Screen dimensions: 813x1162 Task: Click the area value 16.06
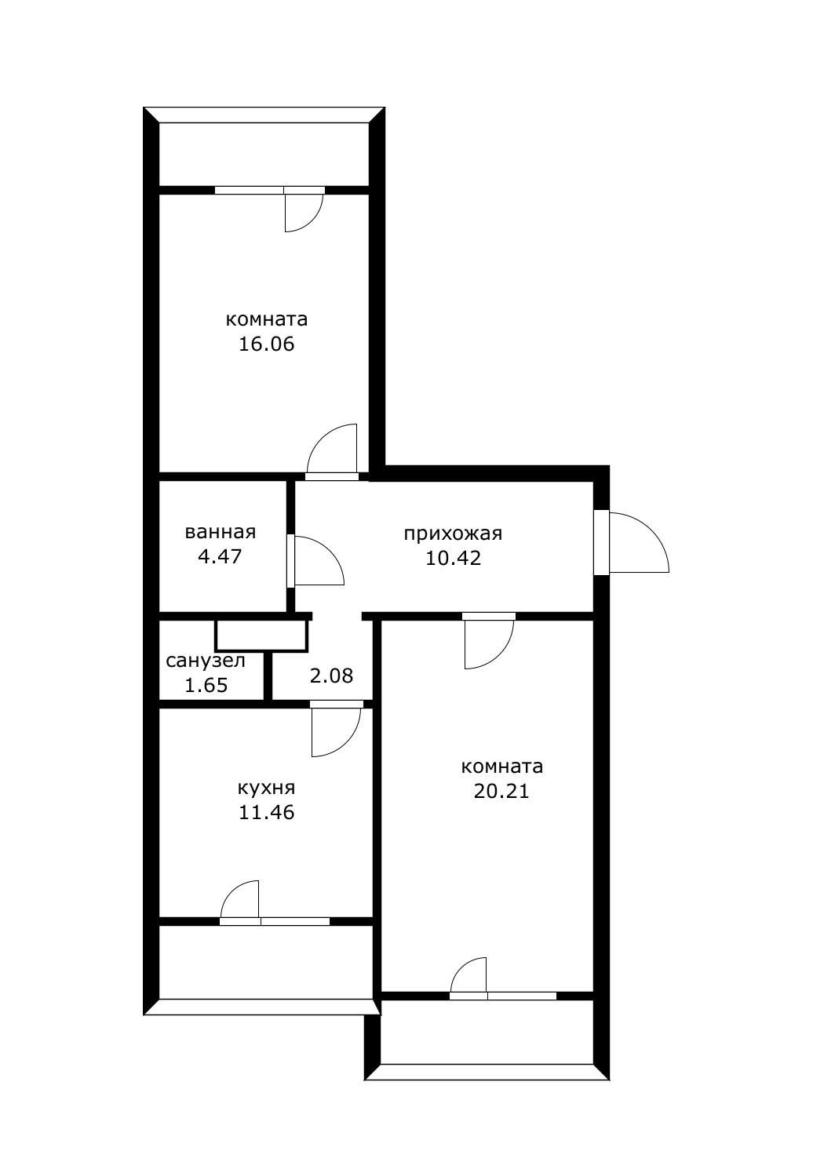pyautogui.click(x=266, y=344)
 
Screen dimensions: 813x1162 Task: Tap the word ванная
pyautogui.click(x=221, y=532)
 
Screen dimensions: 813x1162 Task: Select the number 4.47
pyautogui.click(x=220, y=556)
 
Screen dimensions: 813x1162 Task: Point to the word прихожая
pyautogui.click(x=453, y=534)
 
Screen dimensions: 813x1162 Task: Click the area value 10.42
pyautogui.click(x=453, y=558)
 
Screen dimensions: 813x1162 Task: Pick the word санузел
pyautogui.click(x=206, y=661)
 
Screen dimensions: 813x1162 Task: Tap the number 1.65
pyautogui.click(x=206, y=685)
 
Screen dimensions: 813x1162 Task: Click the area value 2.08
pyautogui.click(x=331, y=676)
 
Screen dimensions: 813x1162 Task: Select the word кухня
pyautogui.click(x=266, y=788)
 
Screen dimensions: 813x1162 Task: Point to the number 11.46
pyautogui.click(x=266, y=812)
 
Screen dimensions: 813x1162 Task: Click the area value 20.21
pyautogui.click(x=501, y=791)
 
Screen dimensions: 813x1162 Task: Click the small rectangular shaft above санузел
pyautogui.click(x=261, y=636)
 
